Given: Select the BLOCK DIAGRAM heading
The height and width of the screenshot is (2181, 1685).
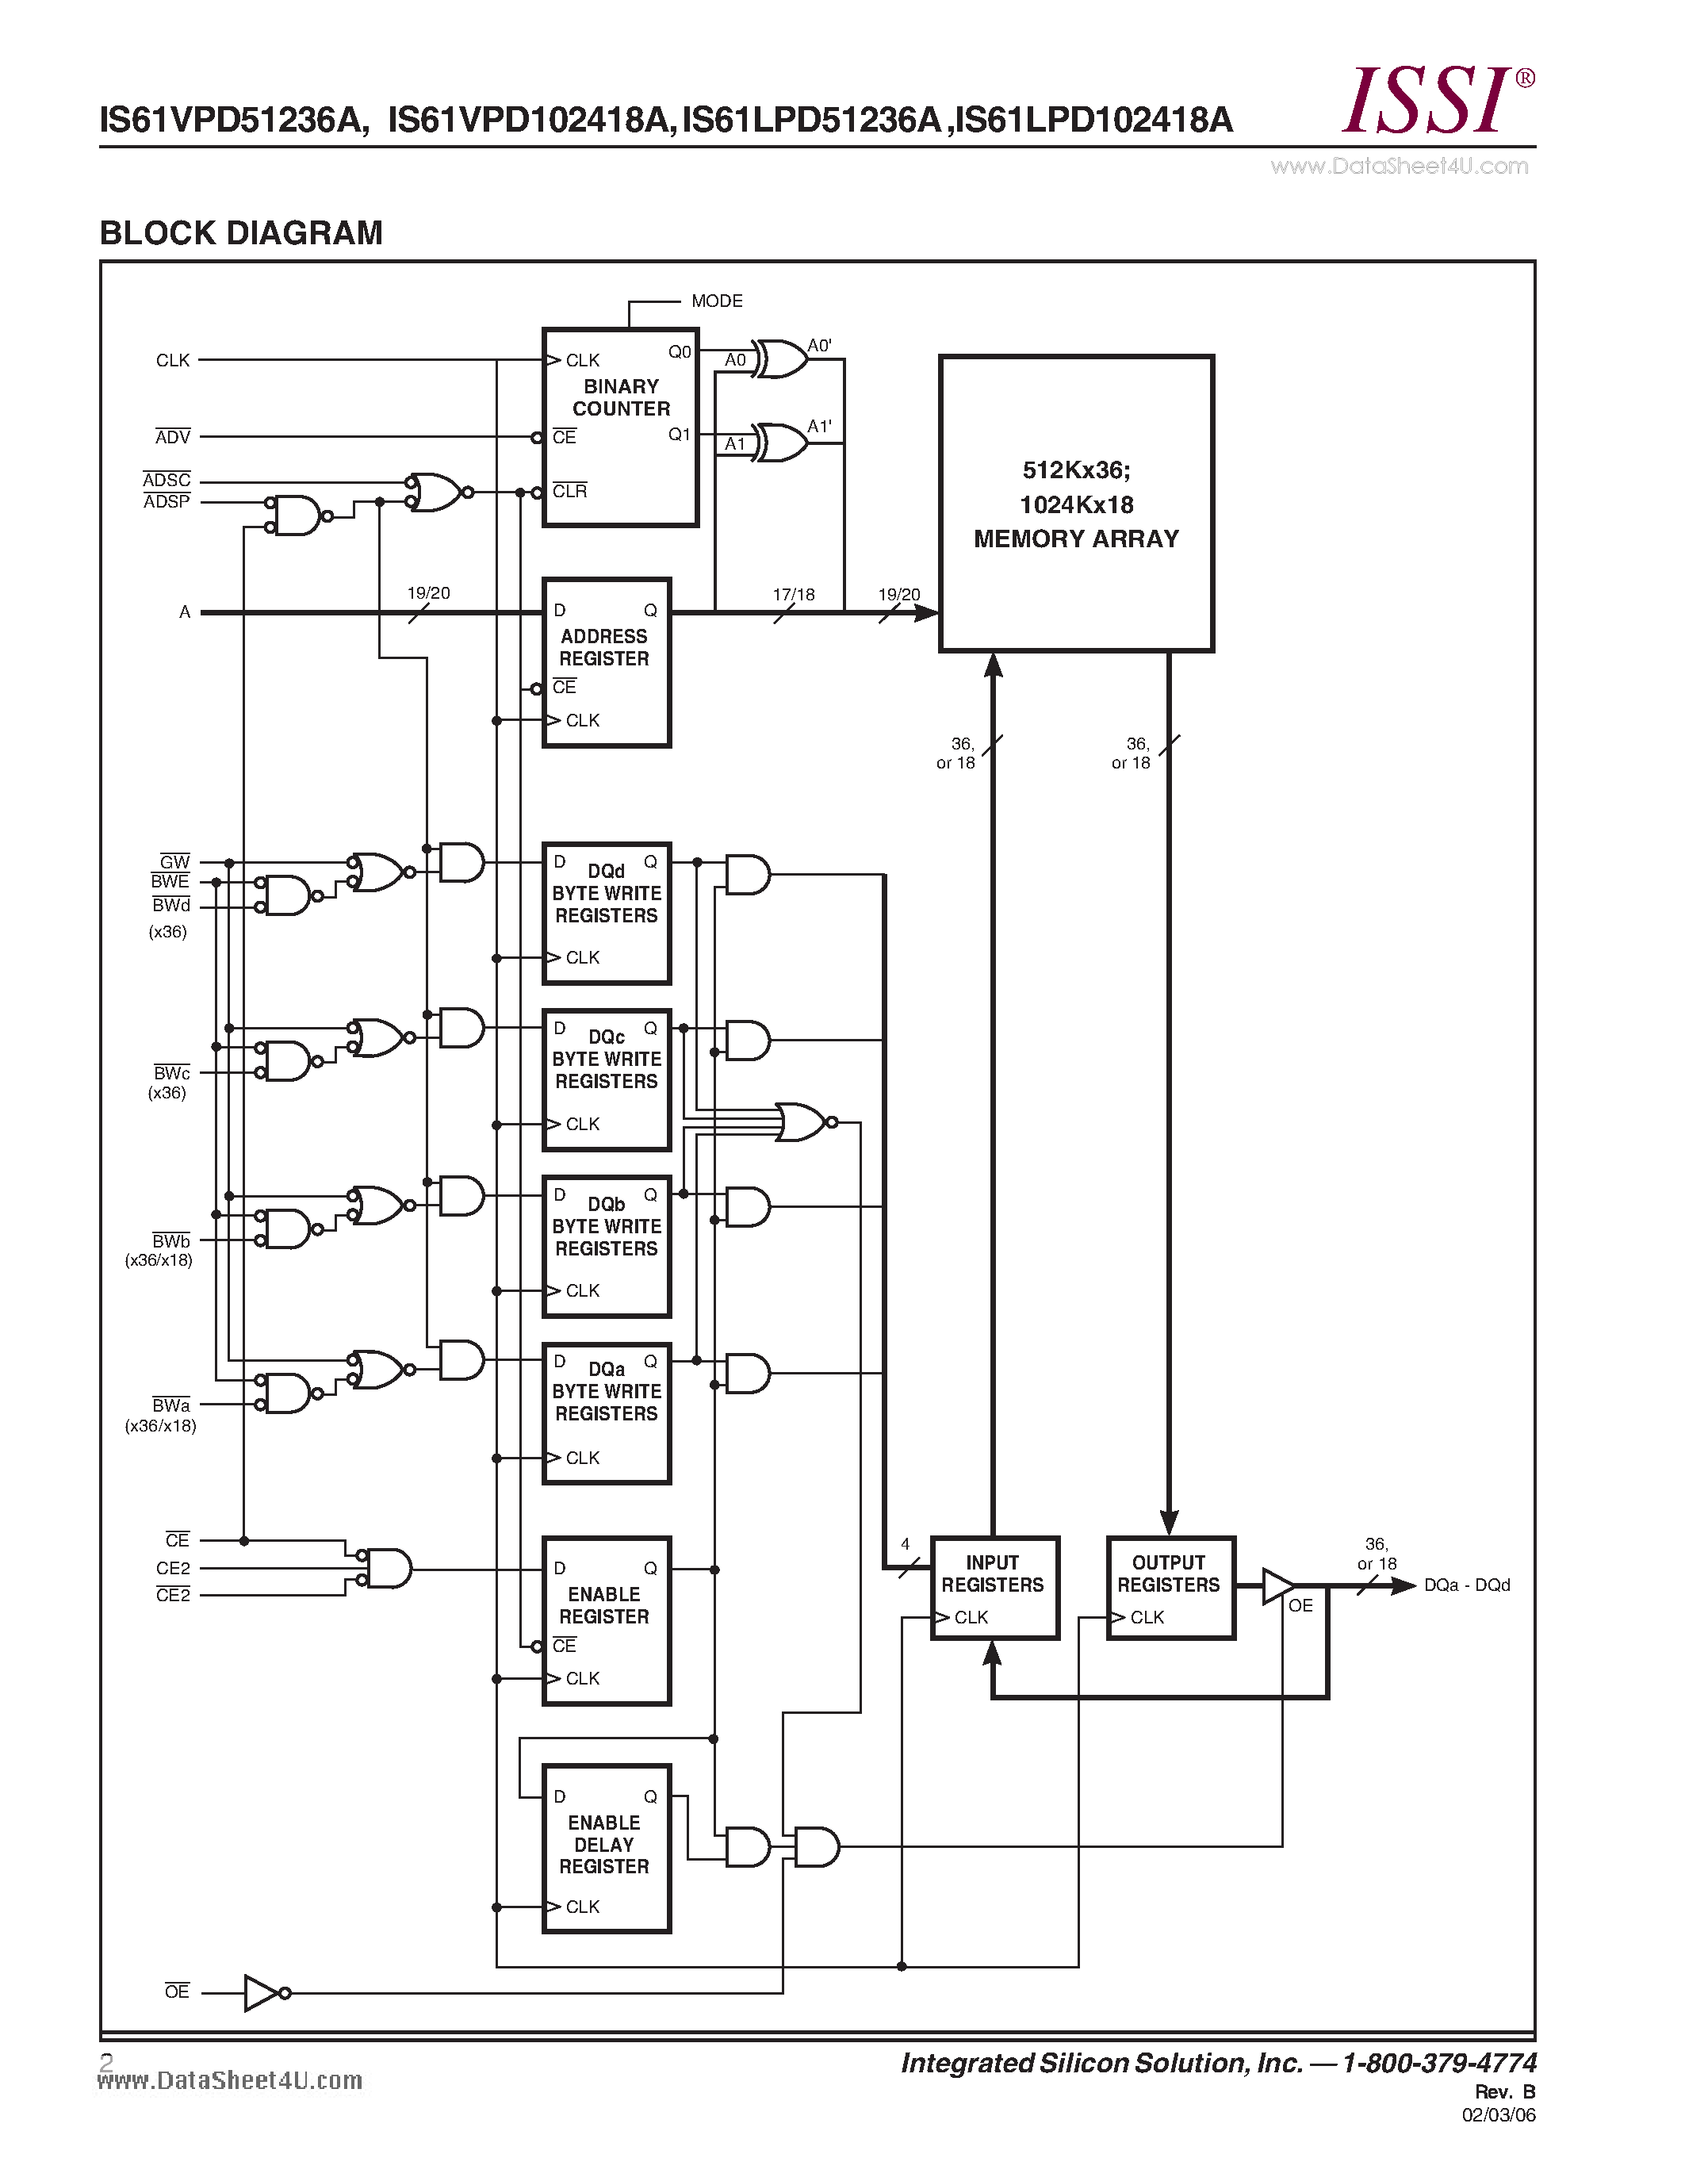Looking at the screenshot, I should tap(240, 232).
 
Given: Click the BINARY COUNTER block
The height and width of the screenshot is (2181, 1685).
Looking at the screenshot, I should tap(619, 427).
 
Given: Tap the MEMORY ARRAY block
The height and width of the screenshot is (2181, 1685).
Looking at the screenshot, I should tap(1075, 504).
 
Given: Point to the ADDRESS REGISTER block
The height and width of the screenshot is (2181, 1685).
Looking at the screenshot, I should tap(606, 661).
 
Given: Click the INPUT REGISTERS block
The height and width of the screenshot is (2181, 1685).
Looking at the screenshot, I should tap(994, 1587).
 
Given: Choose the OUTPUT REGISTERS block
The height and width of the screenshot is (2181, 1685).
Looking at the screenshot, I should tap(1170, 1587).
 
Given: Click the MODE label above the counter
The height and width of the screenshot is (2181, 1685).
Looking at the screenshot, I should tap(717, 301).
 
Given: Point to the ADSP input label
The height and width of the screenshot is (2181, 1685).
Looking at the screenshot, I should tap(167, 502).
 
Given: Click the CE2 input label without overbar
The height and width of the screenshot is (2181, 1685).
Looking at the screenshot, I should tap(173, 1568).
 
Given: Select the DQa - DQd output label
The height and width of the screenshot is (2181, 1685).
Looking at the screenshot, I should tap(1465, 1585).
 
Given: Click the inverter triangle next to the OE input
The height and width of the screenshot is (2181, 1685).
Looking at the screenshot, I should tap(262, 1992).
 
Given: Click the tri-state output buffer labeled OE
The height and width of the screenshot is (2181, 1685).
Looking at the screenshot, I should tap(1277, 1585).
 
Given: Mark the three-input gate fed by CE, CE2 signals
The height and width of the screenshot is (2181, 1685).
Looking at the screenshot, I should tap(387, 1568).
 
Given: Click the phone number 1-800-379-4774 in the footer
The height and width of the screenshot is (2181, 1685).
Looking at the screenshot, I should tap(1438, 2062).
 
